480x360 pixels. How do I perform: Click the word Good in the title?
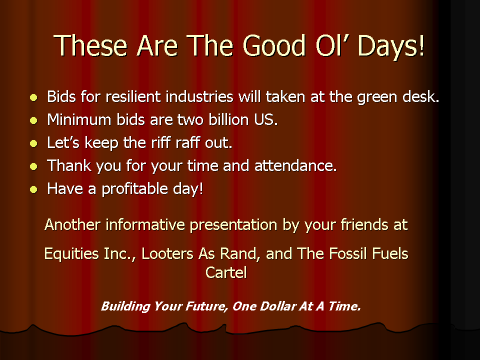pos(274,45)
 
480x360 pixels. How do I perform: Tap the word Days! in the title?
pos(391,46)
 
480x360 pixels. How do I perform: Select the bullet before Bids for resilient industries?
pos(33,97)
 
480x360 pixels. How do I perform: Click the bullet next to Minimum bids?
pos(33,120)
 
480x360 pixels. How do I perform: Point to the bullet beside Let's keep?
pos(33,143)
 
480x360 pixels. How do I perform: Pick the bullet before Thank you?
pos(33,166)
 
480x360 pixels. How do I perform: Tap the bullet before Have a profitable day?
pos(33,189)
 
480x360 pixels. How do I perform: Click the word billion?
pos(228,119)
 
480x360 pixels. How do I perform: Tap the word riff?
pos(160,142)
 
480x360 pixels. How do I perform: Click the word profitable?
pos(134,189)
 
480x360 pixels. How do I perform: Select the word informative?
pos(145,224)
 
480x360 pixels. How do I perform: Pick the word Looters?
pos(167,254)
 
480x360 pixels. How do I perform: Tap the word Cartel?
pos(226,272)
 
